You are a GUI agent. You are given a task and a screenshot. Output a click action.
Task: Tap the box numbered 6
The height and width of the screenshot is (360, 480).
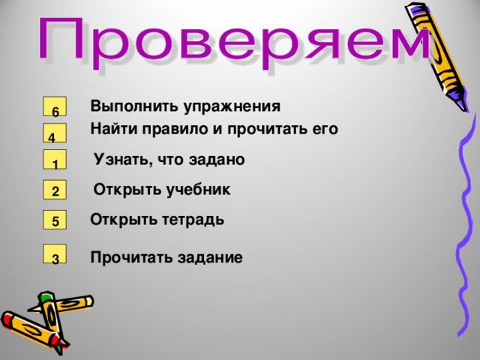55,108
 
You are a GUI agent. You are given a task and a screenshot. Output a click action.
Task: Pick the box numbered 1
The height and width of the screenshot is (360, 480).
55,161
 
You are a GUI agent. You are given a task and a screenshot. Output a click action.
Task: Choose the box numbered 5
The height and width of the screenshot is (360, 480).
55,220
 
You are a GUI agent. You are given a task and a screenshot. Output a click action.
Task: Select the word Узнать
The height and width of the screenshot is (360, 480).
121,159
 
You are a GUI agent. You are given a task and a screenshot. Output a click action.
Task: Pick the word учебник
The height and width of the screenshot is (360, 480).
196,190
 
